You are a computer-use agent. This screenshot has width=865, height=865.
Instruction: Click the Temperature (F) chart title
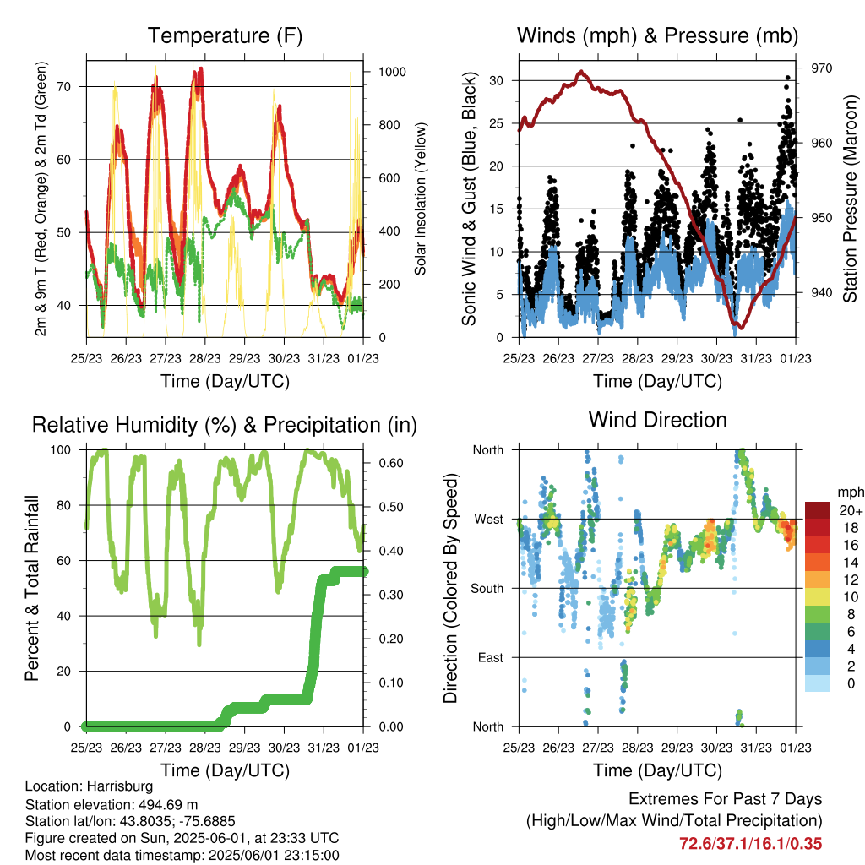click(225, 35)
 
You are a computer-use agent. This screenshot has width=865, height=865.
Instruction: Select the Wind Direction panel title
click(657, 420)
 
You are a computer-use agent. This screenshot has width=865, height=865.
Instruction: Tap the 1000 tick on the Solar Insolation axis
click(392, 72)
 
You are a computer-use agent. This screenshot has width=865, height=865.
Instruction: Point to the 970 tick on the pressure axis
click(821, 68)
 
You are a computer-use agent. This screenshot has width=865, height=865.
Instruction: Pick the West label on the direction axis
click(489, 520)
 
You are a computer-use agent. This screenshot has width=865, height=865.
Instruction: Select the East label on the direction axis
click(491, 657)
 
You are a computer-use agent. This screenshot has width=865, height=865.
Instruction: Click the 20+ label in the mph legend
click(850, 510)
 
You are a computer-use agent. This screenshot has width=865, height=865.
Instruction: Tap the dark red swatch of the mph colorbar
click(818, 510)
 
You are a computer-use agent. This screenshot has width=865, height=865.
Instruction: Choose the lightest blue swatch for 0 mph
click(818, 683)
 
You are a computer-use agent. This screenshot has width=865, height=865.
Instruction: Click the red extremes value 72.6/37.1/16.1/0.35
click(750, 844)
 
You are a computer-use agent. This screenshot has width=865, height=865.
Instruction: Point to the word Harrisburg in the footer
click(120, 786)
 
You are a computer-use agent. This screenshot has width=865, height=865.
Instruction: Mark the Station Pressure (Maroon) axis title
click(850, 199)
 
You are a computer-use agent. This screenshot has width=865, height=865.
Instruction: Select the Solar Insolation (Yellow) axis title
click(421, 199)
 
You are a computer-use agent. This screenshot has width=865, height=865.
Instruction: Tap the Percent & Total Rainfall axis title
click(32, 588)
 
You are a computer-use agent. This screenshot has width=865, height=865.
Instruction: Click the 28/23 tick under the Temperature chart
click(205, 358)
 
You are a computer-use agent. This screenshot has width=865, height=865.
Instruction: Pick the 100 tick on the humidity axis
click(61, 450)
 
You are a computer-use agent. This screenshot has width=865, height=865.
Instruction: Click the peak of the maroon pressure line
click(580, 72)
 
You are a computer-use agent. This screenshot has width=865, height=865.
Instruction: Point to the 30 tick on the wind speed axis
click(497, 80)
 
